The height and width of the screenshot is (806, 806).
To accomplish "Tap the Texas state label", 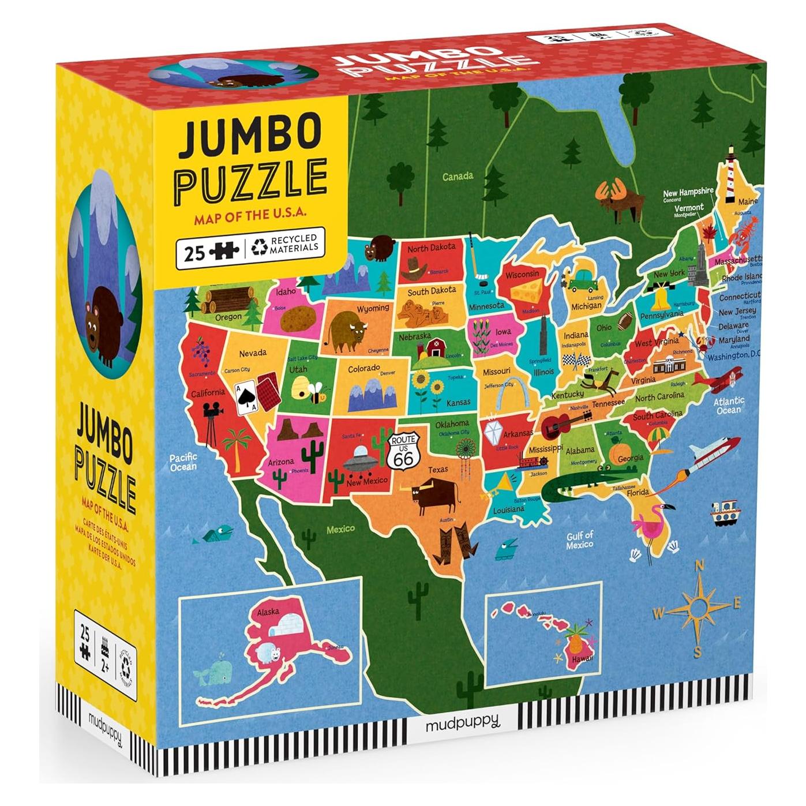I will point(438,470).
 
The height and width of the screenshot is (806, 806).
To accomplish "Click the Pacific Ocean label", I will point(183,462).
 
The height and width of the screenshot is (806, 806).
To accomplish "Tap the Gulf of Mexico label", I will point(579,540).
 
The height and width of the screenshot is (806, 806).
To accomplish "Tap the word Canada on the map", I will point(458,176).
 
